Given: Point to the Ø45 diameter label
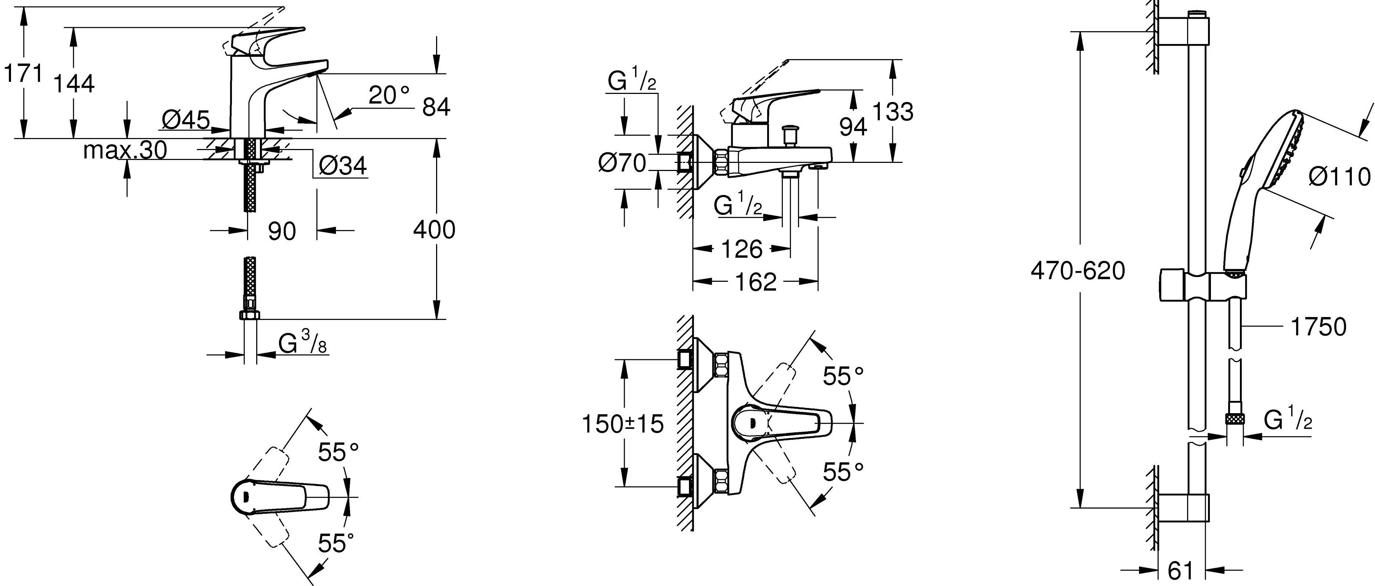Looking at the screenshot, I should coord(185,121).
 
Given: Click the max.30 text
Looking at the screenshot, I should coord(125,151).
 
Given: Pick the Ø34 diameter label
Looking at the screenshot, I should coord(343,167).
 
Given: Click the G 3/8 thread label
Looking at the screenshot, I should coord(302,344).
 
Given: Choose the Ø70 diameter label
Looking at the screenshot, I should coord(622,163).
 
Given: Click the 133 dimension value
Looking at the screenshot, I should coord(892,112).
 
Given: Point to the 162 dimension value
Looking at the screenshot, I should coord(755,282).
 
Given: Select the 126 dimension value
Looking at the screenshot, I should coord(742,249).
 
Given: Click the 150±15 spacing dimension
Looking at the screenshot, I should coord(622,424).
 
